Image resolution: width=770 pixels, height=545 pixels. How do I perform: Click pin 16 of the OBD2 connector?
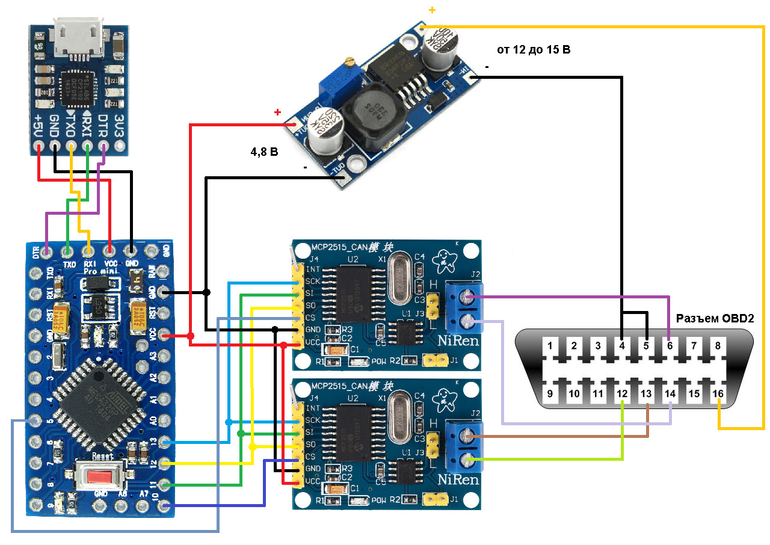tap(718, 394)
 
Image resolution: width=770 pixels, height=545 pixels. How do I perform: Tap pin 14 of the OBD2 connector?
tap(670, 394)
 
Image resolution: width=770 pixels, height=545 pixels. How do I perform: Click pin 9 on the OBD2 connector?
tap(550, 394)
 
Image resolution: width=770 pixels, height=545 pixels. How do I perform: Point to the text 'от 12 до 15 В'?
tap(533, 50)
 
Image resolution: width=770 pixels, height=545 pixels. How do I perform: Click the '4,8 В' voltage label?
tap(264, 153)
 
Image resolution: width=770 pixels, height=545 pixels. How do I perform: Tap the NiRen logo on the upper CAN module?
tap(458, 342)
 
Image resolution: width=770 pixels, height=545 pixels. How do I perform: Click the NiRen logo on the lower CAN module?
tap(458, 480)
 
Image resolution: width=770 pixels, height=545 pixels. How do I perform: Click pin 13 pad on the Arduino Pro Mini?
tap(161, 442)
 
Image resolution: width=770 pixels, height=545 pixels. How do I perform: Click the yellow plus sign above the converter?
tap(432, 10)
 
